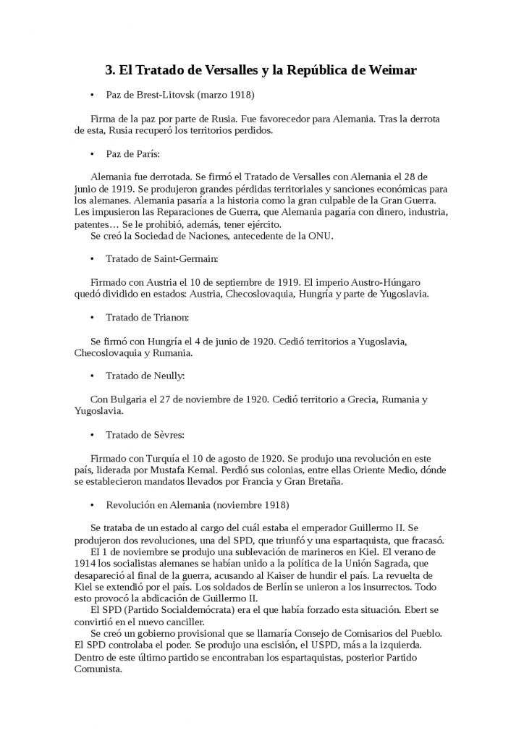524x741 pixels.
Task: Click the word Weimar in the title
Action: [x=391, y=70]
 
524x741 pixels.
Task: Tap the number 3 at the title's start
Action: [x=109, y=70]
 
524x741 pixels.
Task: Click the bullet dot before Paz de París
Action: [x=93, y=154]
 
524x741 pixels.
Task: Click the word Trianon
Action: [x=168, y=317]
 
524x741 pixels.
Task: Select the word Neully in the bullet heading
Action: [x=167, y=376]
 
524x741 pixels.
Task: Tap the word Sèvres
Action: [x=167, y=435]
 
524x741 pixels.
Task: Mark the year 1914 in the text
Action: [x=85, y=563]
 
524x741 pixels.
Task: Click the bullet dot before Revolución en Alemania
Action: [x=93, y=505]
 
